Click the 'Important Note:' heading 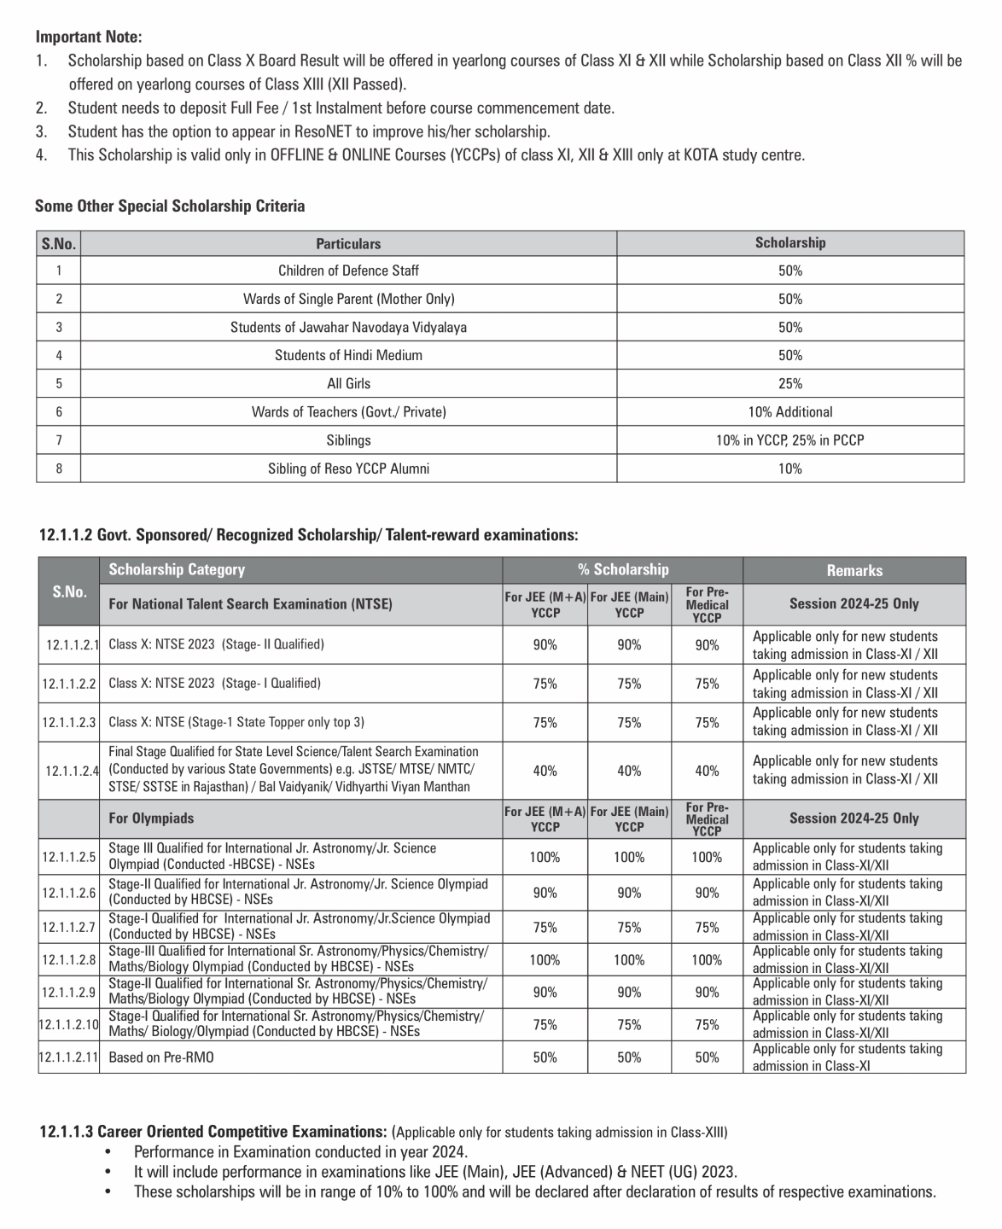(x=89, y=37)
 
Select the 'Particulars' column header (x=348, y=243)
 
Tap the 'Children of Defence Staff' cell (x=348, y=271)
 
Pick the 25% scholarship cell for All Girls (x=789, y=383)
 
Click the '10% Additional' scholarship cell (x=789, y=411)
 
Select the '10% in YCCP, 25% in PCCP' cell (x=789, y=440)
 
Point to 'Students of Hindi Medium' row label (x=348, y=355)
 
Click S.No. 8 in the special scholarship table (x=58, y=469)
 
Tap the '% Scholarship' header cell (x=622, y=569)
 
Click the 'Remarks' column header (x=853, y=570)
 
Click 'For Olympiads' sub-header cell (x=151, y=818)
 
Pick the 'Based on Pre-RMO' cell (x=161, y=1057)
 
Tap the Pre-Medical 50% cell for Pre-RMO (x=706, y=1057)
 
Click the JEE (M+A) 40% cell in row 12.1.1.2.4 (x=545, y=771)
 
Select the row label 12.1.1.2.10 (x=69, y=1023)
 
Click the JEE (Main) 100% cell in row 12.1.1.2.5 (x=629, y=857)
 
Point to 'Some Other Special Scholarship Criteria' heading (x=170, y=206)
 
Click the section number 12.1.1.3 (x=66, y=1132)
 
